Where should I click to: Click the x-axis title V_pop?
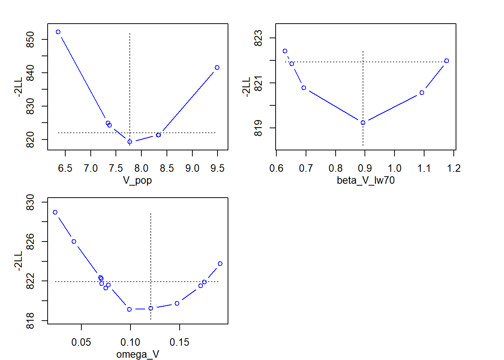pos(137,181)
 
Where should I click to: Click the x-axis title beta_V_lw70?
pos(366,180)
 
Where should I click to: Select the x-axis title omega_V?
pos(137,354)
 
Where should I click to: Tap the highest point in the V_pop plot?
pos(58,32)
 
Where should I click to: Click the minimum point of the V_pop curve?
pos(130,142)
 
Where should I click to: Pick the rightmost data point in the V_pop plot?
pos(217,67)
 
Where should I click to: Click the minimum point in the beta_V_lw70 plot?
pos(363,123)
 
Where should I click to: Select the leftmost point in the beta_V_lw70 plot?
pos(285,51)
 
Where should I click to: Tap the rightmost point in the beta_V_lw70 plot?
pos(447,61)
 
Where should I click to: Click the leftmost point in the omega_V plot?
pos(55,212)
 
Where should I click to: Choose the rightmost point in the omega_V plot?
pos(220,264)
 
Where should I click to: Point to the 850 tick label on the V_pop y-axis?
pos(30,39)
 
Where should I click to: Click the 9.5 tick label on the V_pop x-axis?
pos(217,168)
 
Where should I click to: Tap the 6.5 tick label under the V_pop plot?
pos(65,168)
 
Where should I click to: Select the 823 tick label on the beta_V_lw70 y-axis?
pos(258,38)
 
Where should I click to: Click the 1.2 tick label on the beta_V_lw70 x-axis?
pos(454,168)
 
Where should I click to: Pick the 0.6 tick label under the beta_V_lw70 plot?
pos(276,168)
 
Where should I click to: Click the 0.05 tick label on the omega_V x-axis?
pos(81,342)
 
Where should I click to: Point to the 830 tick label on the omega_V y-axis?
pos(30,202)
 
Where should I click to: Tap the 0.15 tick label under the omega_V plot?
pos(180,342)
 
